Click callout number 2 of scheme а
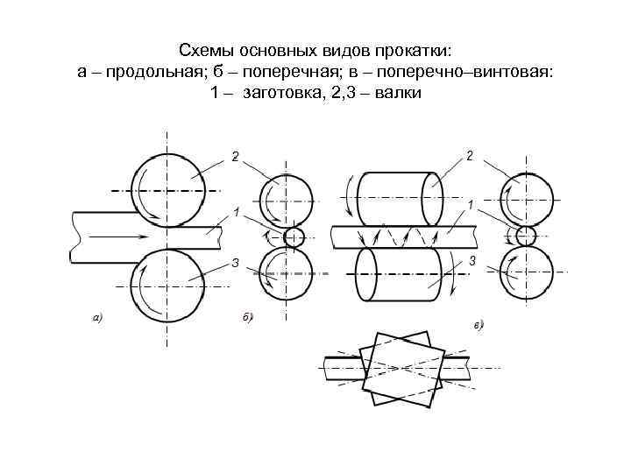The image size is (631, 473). click(235, 157)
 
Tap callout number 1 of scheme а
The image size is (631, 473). click(236, 212)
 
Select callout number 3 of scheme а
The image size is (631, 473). click(235, 263)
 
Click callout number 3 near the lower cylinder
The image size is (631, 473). click(472, 262)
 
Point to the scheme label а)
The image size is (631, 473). click(98, 317)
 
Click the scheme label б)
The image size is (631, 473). click(247, 317)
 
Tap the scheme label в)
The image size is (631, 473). click(479, 326)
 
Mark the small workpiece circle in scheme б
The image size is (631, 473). click(294, 236)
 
